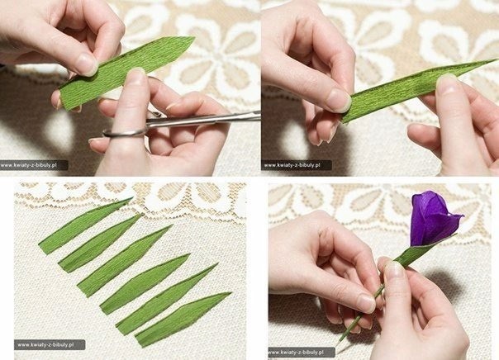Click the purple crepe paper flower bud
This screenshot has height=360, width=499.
point(431,220)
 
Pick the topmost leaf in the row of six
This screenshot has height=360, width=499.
point(83,225)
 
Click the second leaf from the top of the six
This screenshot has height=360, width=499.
point(98,244)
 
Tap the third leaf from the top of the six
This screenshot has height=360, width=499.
point(123,261)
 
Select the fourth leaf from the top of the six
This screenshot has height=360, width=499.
point(144,284)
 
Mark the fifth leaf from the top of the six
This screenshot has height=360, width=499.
point(165,299)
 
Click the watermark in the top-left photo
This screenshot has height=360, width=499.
point(33,165)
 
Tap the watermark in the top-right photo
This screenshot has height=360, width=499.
point(296,165)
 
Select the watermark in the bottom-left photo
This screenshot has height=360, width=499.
point(50,345)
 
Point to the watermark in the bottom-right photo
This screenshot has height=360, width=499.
point(301,352)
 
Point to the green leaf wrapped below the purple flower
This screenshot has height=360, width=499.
point(420,251)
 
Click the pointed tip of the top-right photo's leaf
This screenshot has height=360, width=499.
point(497,59)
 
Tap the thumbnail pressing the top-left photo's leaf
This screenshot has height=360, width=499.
point(87,64)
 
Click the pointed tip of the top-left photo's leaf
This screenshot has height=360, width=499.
point(194,37)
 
